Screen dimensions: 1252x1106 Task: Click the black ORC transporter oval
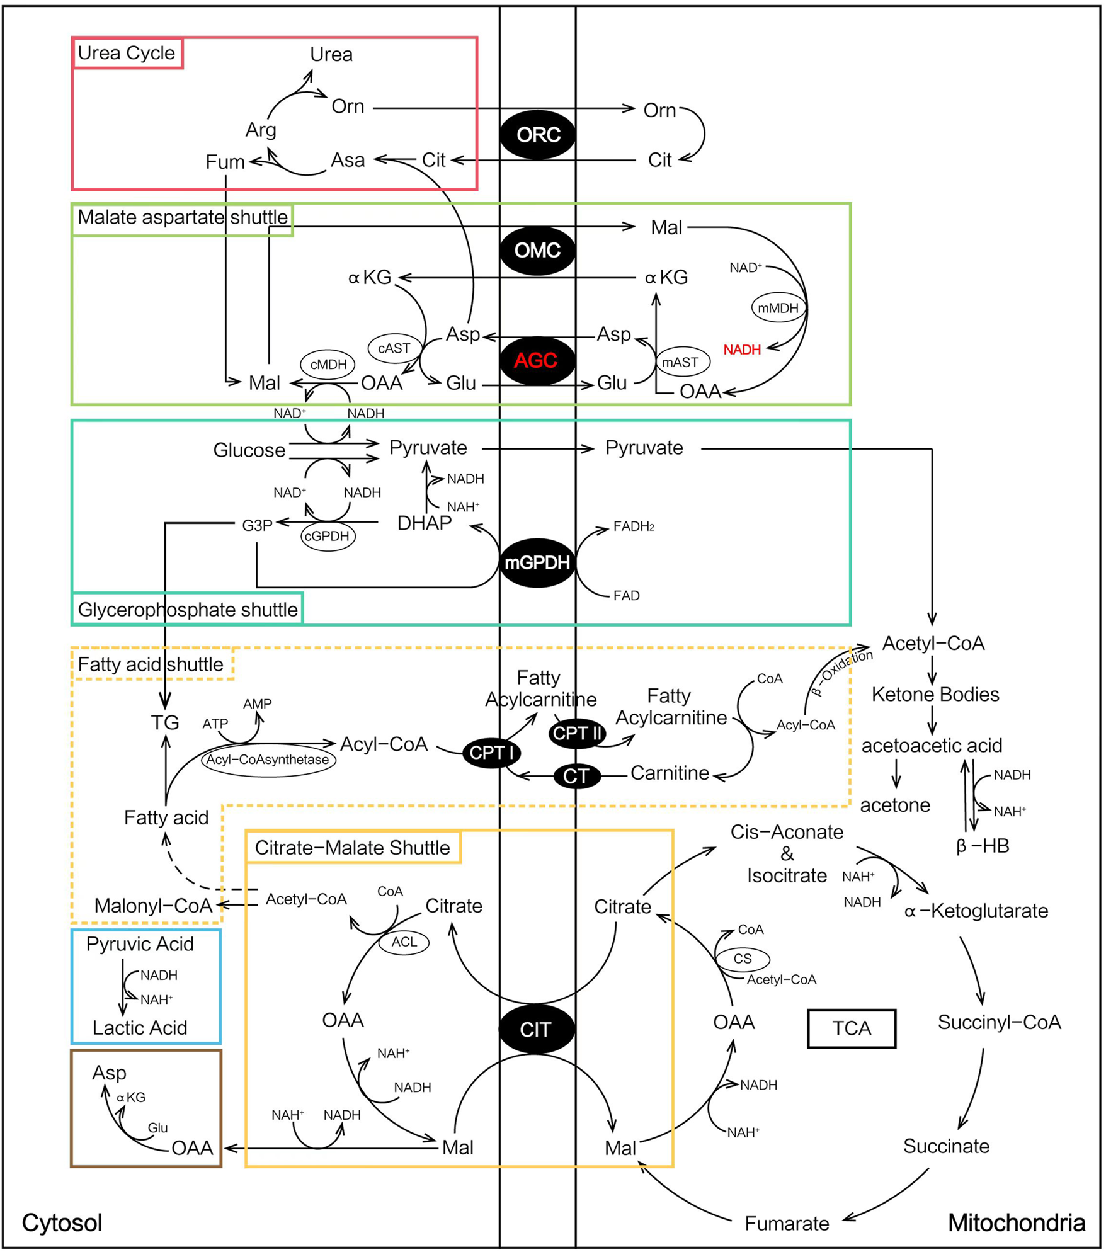(537, 135)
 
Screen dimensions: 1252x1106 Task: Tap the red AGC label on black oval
(536, 361)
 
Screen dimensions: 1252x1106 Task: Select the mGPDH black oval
(537, 563)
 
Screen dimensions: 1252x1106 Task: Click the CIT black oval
(536, 1030)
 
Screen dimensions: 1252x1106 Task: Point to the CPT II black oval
(578, 734)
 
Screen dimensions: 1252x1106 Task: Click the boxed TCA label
(852, 1028)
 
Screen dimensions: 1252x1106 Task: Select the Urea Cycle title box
(127, 53)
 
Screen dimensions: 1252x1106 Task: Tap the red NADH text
(742, 350)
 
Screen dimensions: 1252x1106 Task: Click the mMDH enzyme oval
(778, 309)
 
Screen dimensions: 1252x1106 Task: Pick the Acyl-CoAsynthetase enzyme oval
(268, 760)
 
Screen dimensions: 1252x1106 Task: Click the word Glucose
(249, 450)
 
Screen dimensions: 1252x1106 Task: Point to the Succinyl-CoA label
(999, 1022)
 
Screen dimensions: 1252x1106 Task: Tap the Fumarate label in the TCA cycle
(787, 1224)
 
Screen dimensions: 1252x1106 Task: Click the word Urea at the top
(331, 55)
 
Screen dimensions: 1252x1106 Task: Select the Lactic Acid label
(140, 1028)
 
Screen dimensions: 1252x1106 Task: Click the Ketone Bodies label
(935, 695)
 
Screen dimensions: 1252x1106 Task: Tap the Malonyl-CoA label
(153, 906)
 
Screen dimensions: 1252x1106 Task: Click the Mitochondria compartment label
(1017, 1223)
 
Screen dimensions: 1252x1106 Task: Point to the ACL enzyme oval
(404, 942)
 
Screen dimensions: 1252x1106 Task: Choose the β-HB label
(983, 846)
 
